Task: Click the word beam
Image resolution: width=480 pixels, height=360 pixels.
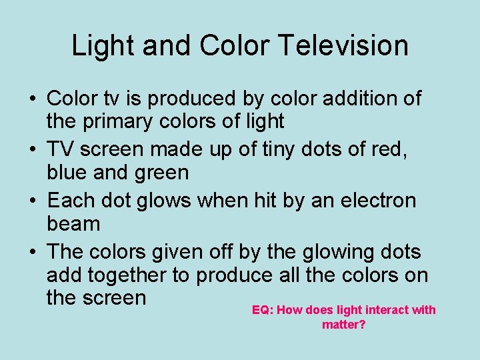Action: pyautogui.click(x=73, y=224)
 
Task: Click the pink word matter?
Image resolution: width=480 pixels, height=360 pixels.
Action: pyautogui.click(x=343, y=325)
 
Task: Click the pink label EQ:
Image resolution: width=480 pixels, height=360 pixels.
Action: pyautogui.click(x=262, y=310)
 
